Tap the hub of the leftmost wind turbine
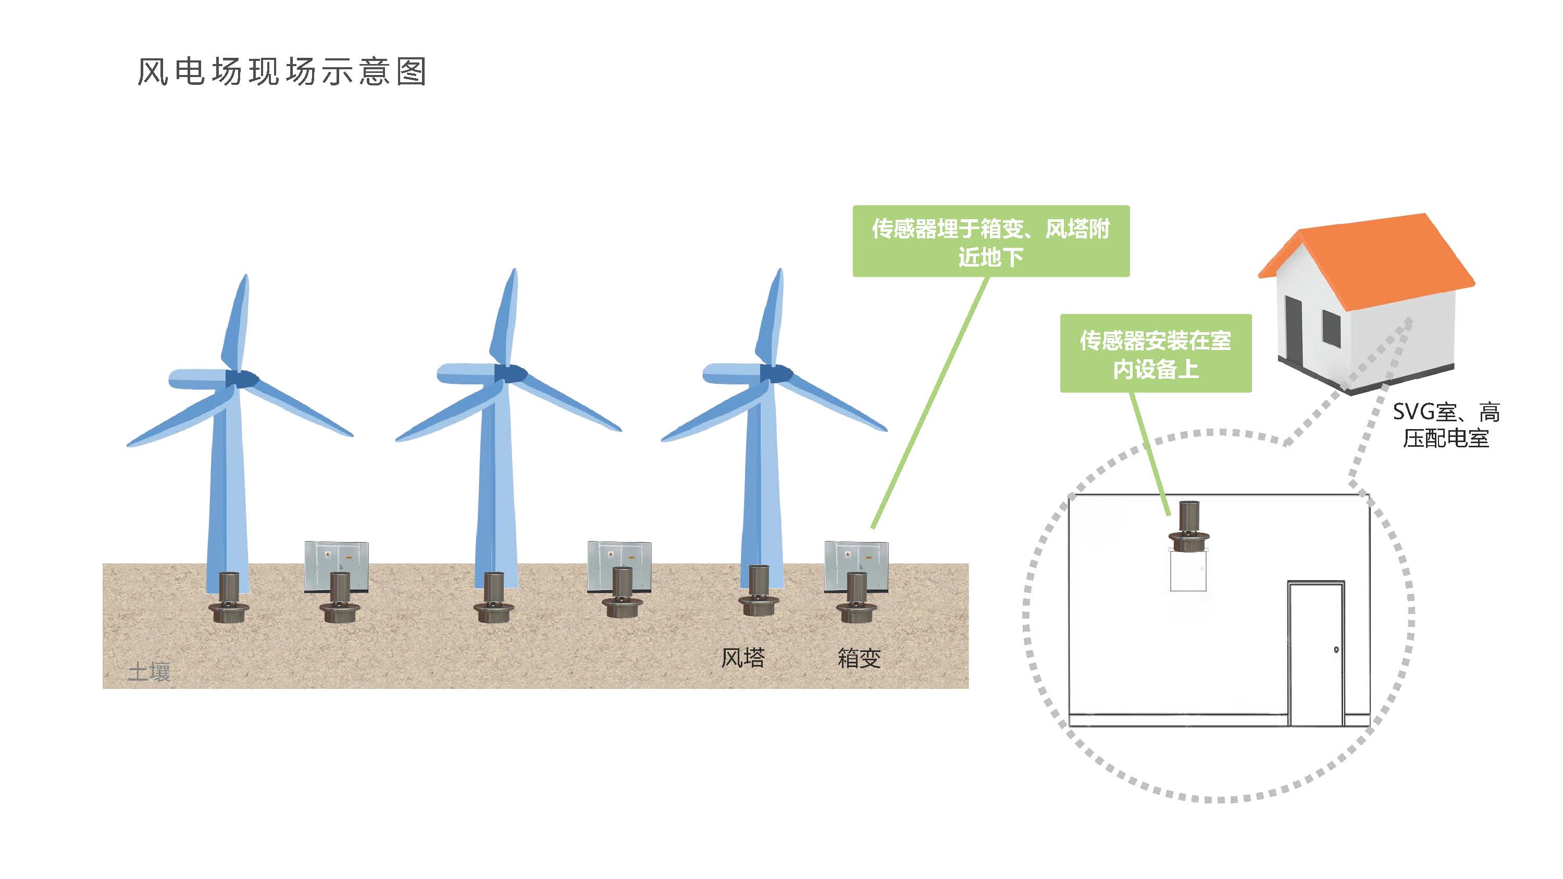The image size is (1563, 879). click(242, 379)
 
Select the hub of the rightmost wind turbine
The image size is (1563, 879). click(777, 373)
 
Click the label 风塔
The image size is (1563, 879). click(742, 658)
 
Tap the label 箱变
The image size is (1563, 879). click(859, 658)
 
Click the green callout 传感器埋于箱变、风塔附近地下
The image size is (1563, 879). click(991, 242)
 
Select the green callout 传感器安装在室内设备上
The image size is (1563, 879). click(1155, 354)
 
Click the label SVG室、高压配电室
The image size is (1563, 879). click(1446, 425)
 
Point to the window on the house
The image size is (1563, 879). click(1331, 329)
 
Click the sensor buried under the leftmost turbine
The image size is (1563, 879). click(229, 597)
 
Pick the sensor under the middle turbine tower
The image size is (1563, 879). click(494, 597)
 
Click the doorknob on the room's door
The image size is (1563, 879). click(1336, 650)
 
